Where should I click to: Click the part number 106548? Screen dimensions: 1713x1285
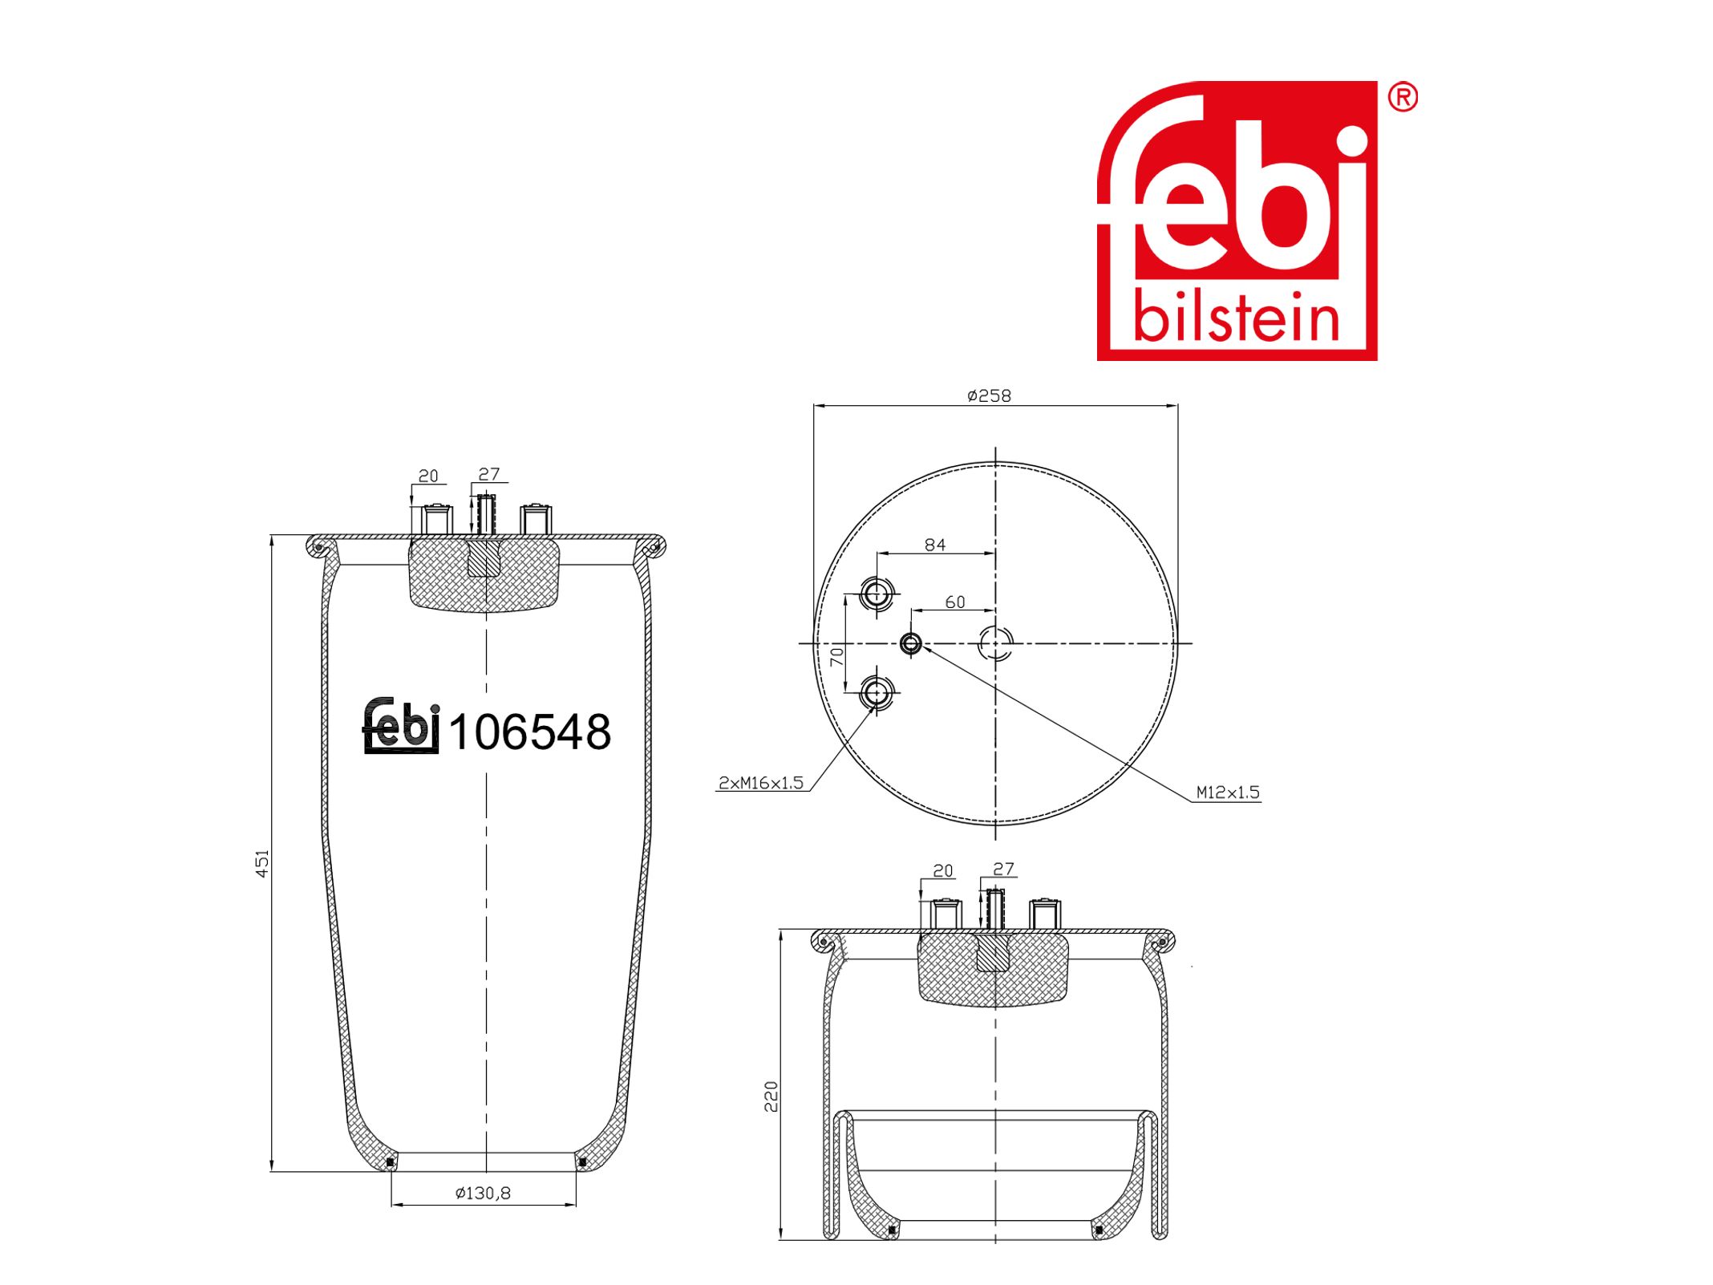529,732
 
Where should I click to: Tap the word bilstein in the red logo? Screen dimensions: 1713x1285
1236,319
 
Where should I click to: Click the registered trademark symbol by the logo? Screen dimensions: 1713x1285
1403,98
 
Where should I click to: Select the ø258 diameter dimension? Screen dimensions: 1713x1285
989,395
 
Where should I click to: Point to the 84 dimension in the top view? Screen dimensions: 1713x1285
935,545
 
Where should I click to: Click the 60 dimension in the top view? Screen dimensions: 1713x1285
954,602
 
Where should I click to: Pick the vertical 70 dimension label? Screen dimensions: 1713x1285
836,657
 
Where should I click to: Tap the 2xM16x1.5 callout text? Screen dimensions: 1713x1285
760,782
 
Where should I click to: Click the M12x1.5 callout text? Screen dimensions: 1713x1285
1227,792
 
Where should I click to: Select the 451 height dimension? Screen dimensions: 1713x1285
262,863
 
